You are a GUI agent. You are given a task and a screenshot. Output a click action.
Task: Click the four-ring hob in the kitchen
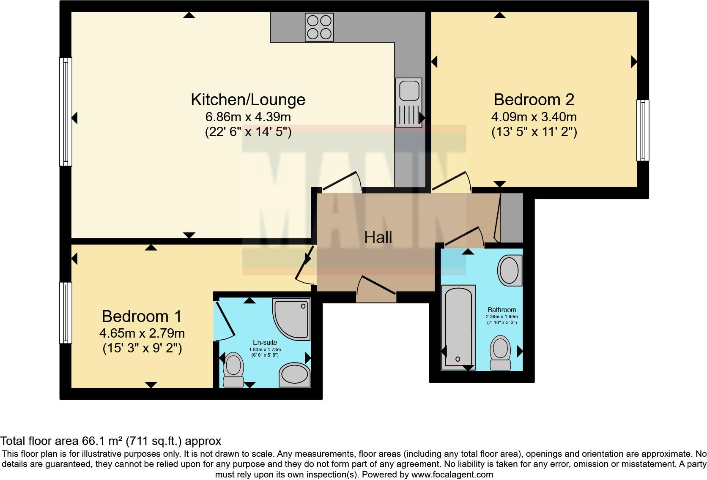(319, 27)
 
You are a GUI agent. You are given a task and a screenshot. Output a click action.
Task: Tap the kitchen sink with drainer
(408, 102)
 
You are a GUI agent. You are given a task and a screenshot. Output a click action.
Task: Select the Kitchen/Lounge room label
(248, 100)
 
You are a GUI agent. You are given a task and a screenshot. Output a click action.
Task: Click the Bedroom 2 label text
(534, 100)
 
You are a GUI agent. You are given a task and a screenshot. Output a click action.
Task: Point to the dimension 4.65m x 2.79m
(142, 333)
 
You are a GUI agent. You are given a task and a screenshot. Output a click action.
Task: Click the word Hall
(378, 237)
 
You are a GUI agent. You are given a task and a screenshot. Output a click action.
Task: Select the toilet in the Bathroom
(500, 352)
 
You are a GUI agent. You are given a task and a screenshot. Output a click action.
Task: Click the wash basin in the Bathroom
(510, 270)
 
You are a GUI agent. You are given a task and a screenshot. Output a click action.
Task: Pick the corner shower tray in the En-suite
(292, 319)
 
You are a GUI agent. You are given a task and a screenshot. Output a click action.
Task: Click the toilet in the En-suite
(233, 370)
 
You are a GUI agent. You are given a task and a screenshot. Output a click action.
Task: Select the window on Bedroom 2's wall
(643, 130)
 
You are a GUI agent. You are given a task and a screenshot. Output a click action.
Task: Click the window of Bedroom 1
(66, 313)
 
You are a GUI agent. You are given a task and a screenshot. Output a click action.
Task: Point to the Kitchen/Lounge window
(66, 112)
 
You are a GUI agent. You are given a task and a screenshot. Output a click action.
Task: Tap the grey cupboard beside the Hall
(511, 218)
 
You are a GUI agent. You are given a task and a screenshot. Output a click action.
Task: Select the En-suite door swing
(225, 321)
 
